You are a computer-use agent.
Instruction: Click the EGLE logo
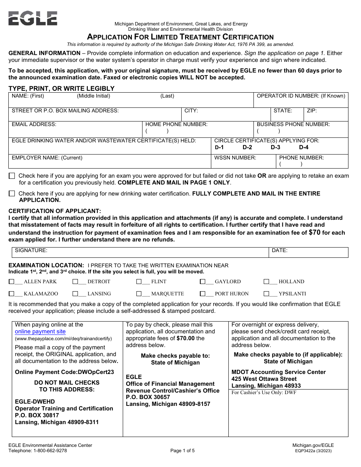(x=33, y=18)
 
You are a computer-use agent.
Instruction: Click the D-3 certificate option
(x=275, y=147)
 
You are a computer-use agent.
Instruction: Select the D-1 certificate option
(x=219, y=147)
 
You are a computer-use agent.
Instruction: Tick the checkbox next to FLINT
(x=139, y=282)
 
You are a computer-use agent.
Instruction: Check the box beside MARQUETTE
(x=139, y=294)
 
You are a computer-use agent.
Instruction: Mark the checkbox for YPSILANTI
(x=266, y=294)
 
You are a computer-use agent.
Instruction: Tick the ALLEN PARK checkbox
(x=12, y=282)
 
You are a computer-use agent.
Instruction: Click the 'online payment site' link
(x=40, y=331)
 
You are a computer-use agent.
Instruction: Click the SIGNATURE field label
(x=31, y=251)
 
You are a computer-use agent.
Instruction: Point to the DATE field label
(x=279, y=251)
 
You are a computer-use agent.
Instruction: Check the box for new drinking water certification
(x=12, y=194)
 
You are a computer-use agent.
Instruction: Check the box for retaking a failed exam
(x=12, y=176)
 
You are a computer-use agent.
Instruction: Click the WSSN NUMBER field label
(x=235, y=158)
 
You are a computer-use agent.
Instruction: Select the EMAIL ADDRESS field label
(x=34, y=124)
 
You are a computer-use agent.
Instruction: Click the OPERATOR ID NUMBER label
(x=301, y=96)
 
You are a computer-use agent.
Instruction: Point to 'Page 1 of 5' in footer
(x=182, y=451)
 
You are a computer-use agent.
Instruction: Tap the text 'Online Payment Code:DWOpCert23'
(x=64, y=372)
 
